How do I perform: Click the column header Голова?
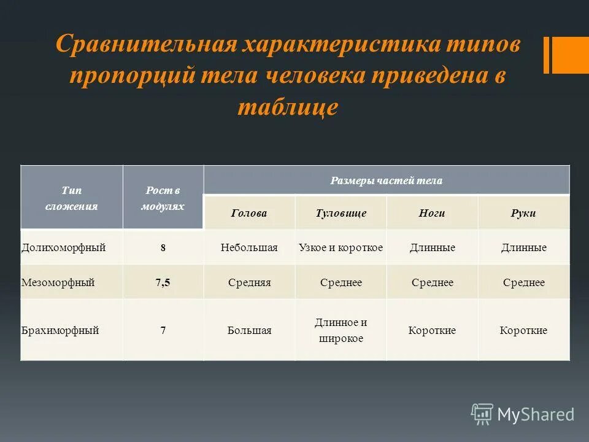(249, 213)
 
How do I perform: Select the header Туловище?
(341, 213)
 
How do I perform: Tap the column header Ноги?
(432, 213)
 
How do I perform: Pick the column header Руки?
(523, 213)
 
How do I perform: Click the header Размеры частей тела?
(387, 180)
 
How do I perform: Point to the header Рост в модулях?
(163, 198)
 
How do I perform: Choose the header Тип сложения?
(71, 198)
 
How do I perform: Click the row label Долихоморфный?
(64, 247)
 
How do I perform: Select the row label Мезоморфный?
(58, 282)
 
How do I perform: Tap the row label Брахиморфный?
(60, 330)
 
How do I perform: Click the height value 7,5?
(163, 282)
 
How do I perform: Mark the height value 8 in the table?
(163, 248)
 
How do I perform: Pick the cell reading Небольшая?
(249, 247)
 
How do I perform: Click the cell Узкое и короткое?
(341, 247)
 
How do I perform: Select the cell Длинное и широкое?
(341, 330)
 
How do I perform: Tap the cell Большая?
(249, 330)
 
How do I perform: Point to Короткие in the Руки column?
(523, 330)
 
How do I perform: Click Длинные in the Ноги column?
(432, 247)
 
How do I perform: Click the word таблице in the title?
(287, 107)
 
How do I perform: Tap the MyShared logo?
(523, 414)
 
